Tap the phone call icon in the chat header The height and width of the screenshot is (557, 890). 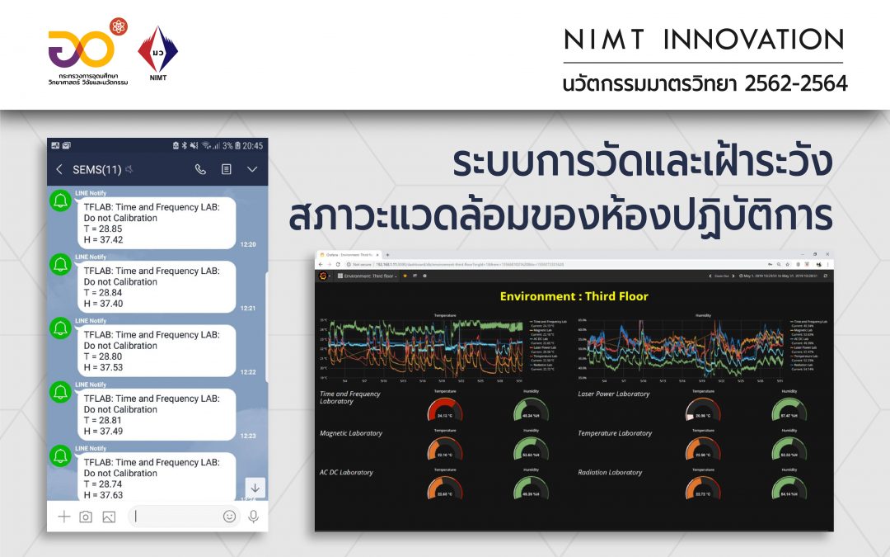coord(200,169)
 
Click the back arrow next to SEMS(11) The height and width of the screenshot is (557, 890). coord(59,169)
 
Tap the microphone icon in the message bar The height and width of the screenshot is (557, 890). coord(253,517)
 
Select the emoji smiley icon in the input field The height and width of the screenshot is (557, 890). coord(229,517)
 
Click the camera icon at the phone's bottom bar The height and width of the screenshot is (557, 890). coord(86,517)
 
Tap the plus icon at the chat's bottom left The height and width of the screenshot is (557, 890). coord(63,517)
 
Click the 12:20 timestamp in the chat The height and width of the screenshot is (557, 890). coord(247,244)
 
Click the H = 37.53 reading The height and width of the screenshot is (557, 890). coord(103,367)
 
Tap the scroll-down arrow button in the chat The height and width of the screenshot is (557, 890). coord(255,488)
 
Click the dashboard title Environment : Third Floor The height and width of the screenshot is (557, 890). coord(574,296)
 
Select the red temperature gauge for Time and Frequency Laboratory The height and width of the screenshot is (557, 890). coord(445,411)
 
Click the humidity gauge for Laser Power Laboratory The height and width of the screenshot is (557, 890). coord(789,411)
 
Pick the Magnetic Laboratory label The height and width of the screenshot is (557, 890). coord(350,433)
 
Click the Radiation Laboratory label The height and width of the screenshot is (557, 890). coord(610,473)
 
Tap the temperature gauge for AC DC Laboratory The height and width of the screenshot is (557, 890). coord(445,490)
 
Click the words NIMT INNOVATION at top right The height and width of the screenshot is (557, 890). coord(704,39)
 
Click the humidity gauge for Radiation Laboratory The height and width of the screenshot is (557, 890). coord(789,490)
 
